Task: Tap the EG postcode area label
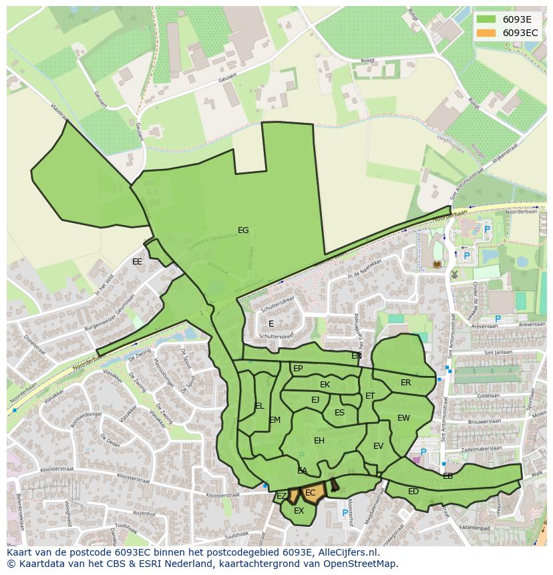pyautogui.click(x=243, y=230)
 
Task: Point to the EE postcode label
pyautogui.click(x=137, y=262)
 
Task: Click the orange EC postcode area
pyautogui.click(x=311, y=494)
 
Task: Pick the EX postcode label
pyautogui.click(x=299, y=511)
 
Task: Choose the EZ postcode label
pyautogui.click(x=282, y=496)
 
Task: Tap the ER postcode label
pyautogui.click(x=405, y=383)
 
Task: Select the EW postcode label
pyautogui.click(x=403, y=418)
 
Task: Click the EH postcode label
pyautogui.click(x=319, y=441)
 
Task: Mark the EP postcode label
pyautogui.click(x=298, y=369)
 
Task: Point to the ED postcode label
pyautogui.click(x=413, y=492)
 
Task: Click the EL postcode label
pyautogui.click(x=259, y=406)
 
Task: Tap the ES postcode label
pyautogui.click(x=339, y=413)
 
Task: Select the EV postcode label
pyautogui.click(x=378, y=446)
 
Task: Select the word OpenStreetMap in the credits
pyautogui.click(x=359, y=564)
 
